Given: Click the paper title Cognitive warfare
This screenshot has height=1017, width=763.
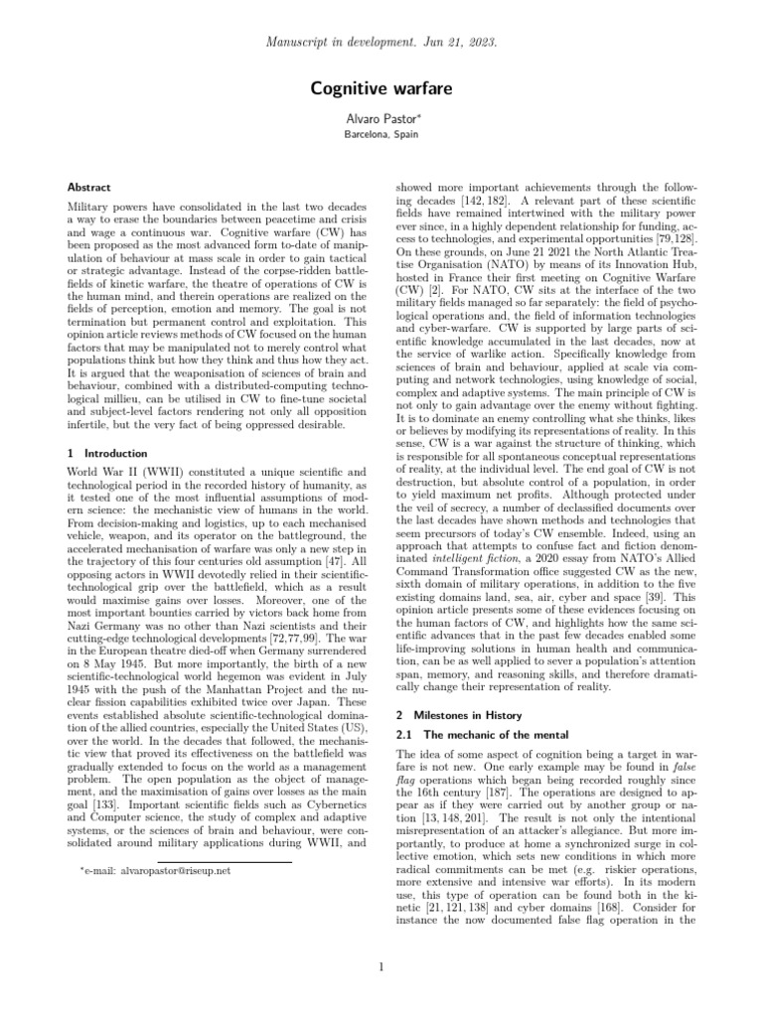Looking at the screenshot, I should coord(381,88).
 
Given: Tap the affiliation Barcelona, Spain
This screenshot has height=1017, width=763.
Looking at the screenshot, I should coord(381,133).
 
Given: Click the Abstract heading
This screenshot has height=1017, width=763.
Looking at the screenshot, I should coord(88,187).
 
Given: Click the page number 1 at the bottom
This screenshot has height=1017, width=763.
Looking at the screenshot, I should coord(381,967).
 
